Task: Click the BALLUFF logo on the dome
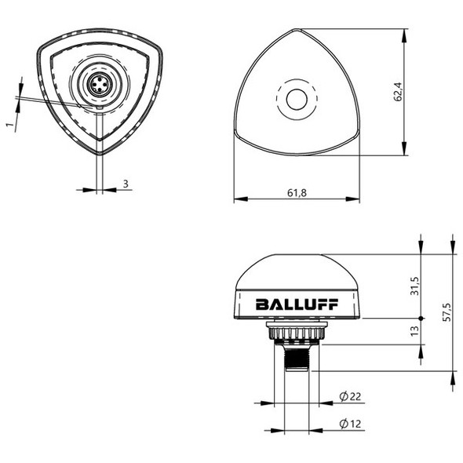coord(296,304)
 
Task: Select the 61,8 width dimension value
coord(297,191)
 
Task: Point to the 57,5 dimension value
coord(447,312)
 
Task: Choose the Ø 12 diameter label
coord(349,425)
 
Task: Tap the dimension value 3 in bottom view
coord(126,184)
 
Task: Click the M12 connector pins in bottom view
coord(99,86)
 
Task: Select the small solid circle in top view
coord(297,100)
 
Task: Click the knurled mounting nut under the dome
coord(296,333)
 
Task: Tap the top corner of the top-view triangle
coord(297,31)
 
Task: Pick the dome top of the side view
coord(296,258)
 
